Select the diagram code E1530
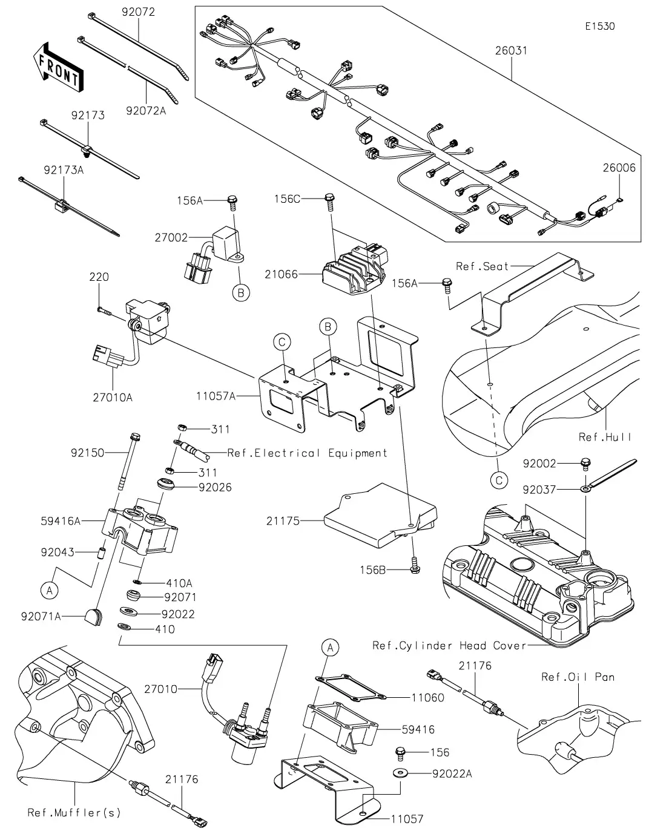599,27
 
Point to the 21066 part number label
281,274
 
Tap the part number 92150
87,453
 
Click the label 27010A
113,398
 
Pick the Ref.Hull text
605,437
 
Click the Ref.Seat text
482,266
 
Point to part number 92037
539,489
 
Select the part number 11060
427,697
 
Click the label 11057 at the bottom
407,819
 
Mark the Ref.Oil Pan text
578,677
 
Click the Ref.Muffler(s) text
74,812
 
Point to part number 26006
619,168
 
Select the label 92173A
64,171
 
